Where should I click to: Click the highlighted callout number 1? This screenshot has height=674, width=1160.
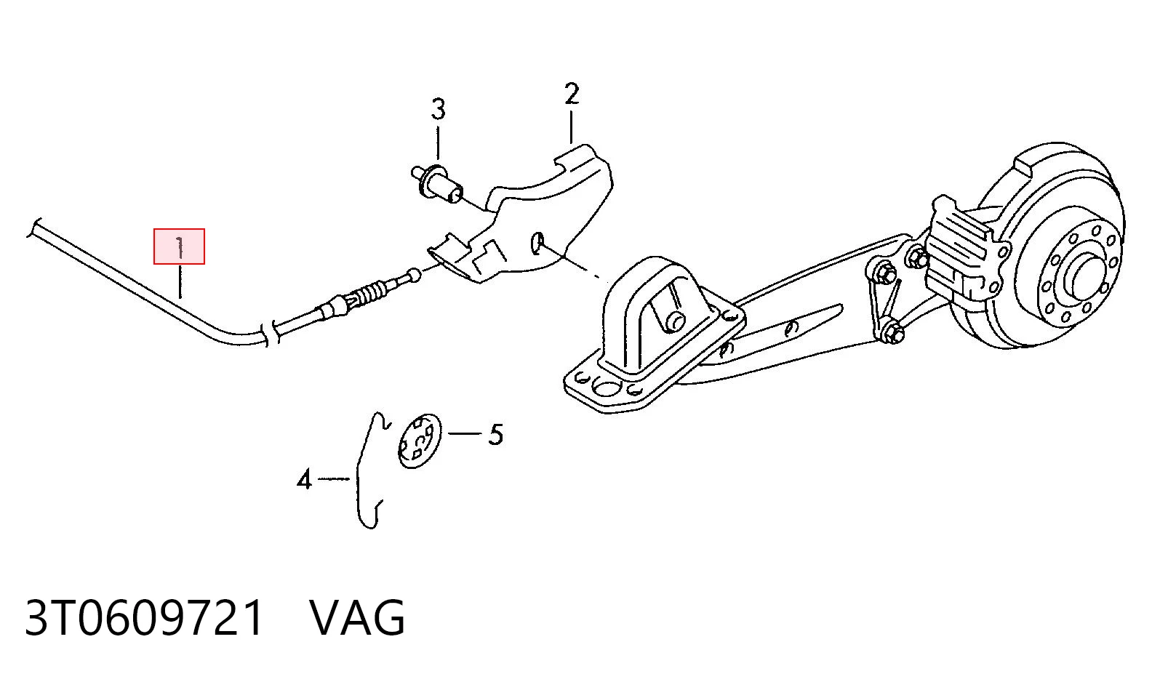[179, 247]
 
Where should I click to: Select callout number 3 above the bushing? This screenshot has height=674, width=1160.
[438, 110]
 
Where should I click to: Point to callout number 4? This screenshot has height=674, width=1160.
[304, 479]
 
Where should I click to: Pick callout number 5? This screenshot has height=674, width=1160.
[495, 434]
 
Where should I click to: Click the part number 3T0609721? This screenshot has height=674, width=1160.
[144, 618]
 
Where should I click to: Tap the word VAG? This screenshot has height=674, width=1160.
[357, 618]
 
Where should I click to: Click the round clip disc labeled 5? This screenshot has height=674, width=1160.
[420, 441]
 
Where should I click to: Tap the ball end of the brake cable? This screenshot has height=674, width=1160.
[414, 275]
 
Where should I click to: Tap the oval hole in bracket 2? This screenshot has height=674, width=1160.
[537, 242]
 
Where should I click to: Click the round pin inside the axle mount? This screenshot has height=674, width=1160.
[676, 321]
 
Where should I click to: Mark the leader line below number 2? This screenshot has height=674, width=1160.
[571, 127]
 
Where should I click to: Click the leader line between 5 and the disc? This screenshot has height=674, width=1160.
[464, 433]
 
